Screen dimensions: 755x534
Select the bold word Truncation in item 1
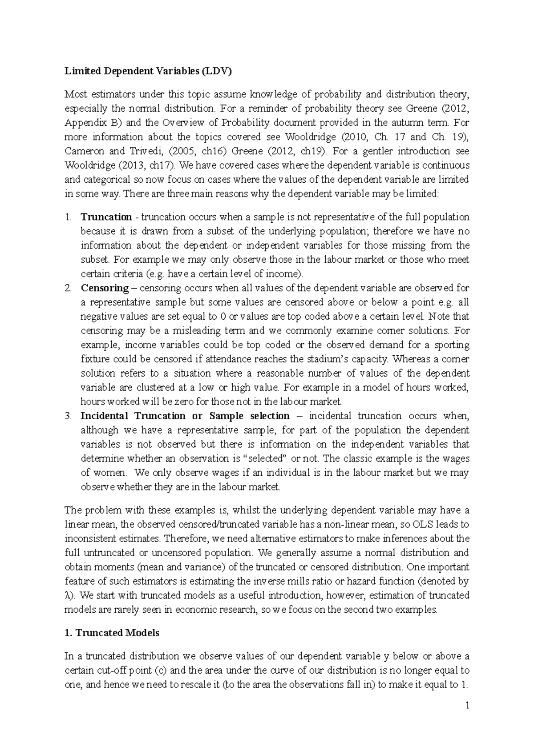tap(106, 217)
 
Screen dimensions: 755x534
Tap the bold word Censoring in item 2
tap(105, 288)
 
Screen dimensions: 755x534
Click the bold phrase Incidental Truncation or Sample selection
tap(185, 416)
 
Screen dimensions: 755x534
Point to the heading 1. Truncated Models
tap(112, 633)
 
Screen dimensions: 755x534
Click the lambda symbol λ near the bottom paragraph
tap(67, 596)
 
